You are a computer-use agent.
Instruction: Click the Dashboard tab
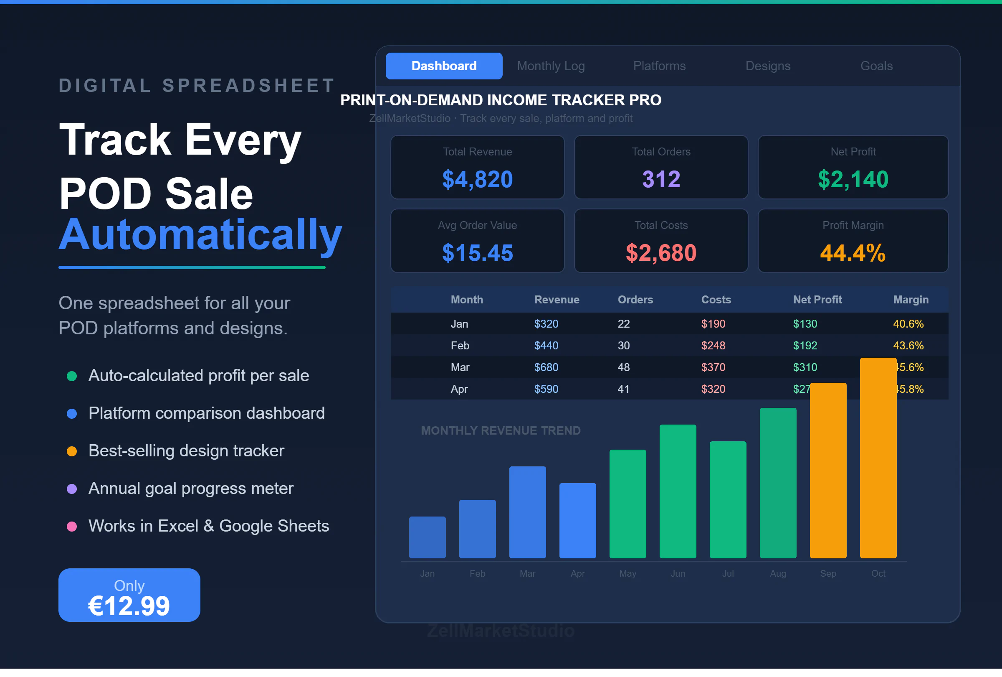pyautogui.click(x=444, y=66)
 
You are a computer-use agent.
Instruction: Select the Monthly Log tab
pyautogui.click(x=551, y=66)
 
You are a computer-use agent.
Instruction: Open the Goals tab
pyautogui.click(x=876, y=66)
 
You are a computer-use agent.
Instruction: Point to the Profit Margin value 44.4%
pyautogui.click(x=853, y=253)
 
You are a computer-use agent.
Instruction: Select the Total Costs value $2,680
pyautogui.click(x=661, y=253)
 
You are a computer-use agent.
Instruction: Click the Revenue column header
pyautogui.click(x=557, y=300)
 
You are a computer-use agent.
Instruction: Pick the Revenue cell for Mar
pyautogui.click(x=546, y=367)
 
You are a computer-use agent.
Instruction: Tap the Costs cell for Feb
pyautogui.click(x=713, y=346)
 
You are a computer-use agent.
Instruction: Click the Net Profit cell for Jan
pyautogui.click(x=805, y=324)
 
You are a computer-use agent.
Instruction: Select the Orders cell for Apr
pyautogui.click(x=623, y=389)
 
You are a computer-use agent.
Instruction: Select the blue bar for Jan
pyautogui.click(x=427, y=537)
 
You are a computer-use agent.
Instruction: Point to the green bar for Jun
pyautogui.click(x=678, y=492)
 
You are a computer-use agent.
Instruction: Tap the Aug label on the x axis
pyautogui.click(x=778, y=573)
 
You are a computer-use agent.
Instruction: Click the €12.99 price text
pyautogui.click(x=129, y=606)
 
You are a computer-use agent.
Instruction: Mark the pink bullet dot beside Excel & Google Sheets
pyautogui.click(x=72, y=527)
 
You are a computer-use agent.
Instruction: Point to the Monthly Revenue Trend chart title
pyautogui.click(x=501, y=430)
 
